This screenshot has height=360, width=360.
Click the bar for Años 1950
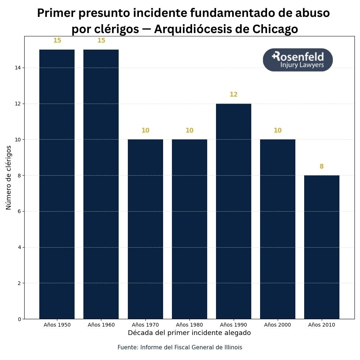click(57, 184)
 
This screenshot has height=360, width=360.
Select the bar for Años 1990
click(233, 211)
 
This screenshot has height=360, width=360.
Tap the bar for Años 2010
click(321, 247)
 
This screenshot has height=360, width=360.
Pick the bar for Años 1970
click(145, 229)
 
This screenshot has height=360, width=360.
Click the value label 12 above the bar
click(234, 94)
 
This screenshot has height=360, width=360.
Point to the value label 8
click(321, 166)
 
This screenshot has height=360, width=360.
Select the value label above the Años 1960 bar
click(101, 40)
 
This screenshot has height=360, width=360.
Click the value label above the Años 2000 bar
click(277, 130)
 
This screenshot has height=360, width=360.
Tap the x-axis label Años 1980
click(189, 325)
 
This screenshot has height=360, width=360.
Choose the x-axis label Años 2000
click(277, 325)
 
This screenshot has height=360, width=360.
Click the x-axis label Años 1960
click(101, 325)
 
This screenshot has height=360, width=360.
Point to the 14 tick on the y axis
click(18, 68)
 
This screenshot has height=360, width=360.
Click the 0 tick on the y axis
click(19, 319)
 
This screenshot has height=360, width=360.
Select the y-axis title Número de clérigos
click(9, 177)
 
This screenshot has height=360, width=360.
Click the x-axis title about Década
click(189, 333)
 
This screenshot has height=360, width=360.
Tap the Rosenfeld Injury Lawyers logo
click(298, 60)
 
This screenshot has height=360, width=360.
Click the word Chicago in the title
click(272, 29)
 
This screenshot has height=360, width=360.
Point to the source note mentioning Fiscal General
click(180, 347)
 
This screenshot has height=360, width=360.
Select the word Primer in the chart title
click(55, 13)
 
